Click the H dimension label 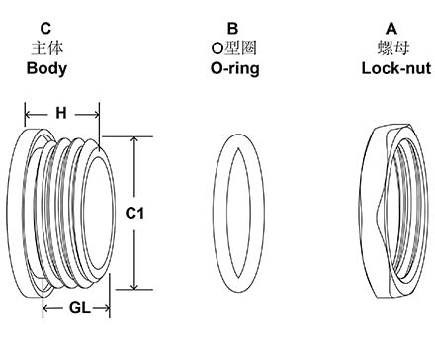[61, 114]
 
